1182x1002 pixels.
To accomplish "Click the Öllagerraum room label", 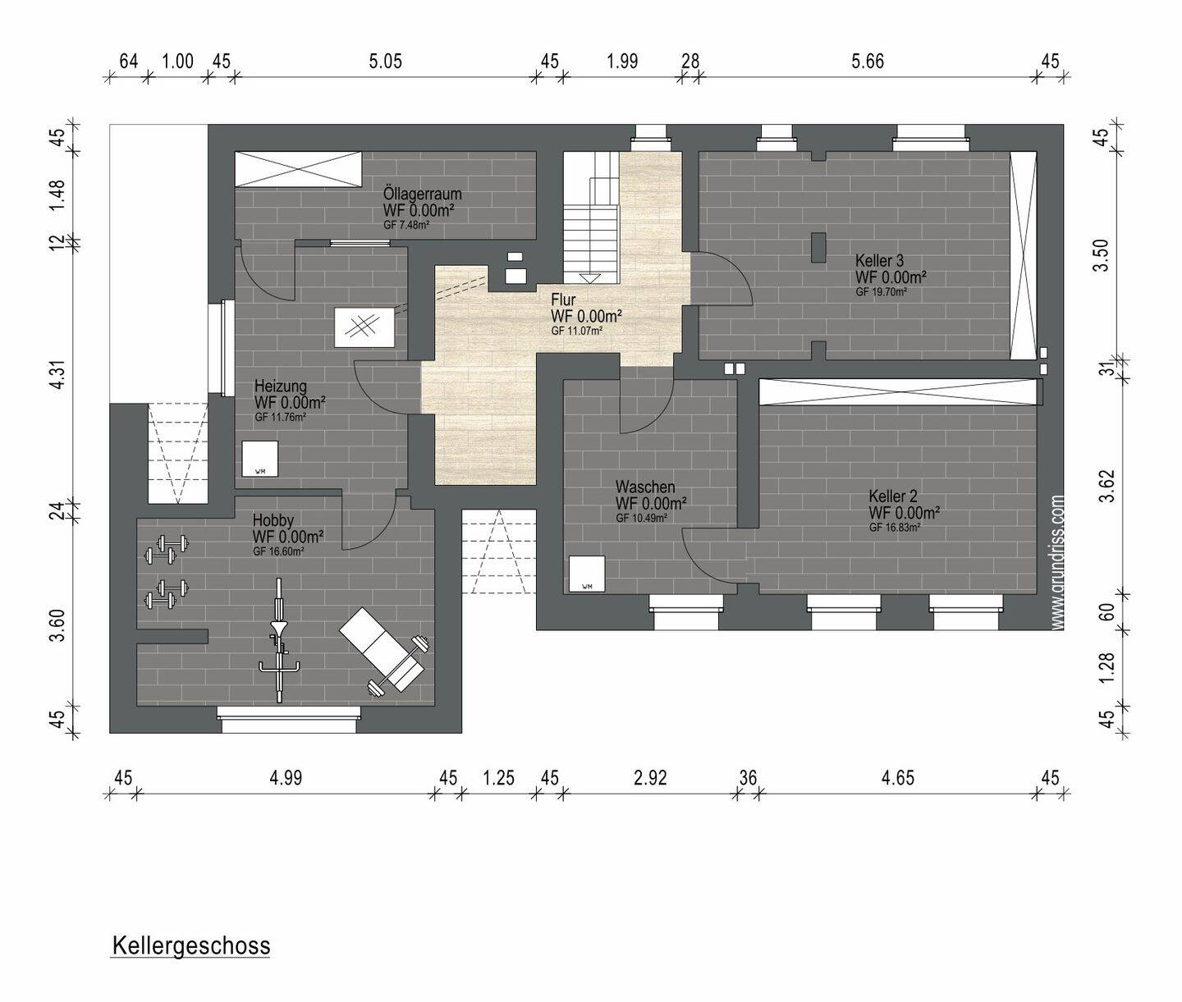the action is click(422, 194).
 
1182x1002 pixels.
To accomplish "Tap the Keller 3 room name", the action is click(879, 261).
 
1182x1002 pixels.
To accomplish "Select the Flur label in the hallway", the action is click(563, 300).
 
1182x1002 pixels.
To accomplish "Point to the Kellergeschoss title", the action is click(191, 946).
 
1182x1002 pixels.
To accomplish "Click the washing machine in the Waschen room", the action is click(587, 574).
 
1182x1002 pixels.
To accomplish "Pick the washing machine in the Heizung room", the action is click(260, 459).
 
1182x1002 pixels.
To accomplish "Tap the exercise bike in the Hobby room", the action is click(279, 640).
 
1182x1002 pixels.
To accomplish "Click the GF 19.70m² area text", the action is click(882, 292).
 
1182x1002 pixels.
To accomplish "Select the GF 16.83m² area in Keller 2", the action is click(895, 528).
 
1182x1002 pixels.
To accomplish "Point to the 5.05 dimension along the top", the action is click(386, 62).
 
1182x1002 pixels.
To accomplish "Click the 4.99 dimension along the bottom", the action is click(286, 778).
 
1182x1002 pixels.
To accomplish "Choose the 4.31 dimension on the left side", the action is click(57, 373).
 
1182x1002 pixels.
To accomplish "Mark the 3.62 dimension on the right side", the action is click(1106, 486).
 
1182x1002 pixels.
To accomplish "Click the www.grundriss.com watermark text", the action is click(1057, 562).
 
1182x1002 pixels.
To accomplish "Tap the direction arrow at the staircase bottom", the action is click(589, 278).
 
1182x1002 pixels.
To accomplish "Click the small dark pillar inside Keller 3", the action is click(819, 248).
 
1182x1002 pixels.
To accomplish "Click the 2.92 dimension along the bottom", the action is click(650, 778).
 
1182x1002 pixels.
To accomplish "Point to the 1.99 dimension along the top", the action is click(622, 62).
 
